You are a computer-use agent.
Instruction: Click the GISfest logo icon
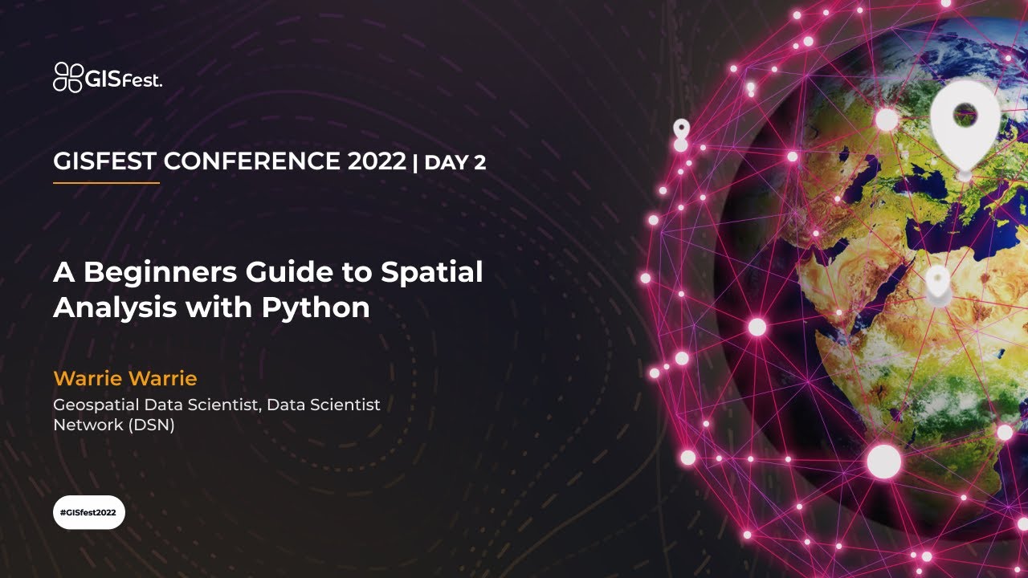[67, 77]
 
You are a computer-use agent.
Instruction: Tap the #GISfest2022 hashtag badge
[89, 512]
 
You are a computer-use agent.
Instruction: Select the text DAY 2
[455, 163]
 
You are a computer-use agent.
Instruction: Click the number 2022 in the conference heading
[377, 161]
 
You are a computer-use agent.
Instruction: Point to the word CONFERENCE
[253, 161]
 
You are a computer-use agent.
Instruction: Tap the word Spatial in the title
[431, 273]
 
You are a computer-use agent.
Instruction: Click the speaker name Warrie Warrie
[124, 378]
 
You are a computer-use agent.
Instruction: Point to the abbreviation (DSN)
[151, 425]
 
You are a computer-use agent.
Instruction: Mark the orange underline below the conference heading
[106, 183]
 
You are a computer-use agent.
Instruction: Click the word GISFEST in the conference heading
[104, 161]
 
